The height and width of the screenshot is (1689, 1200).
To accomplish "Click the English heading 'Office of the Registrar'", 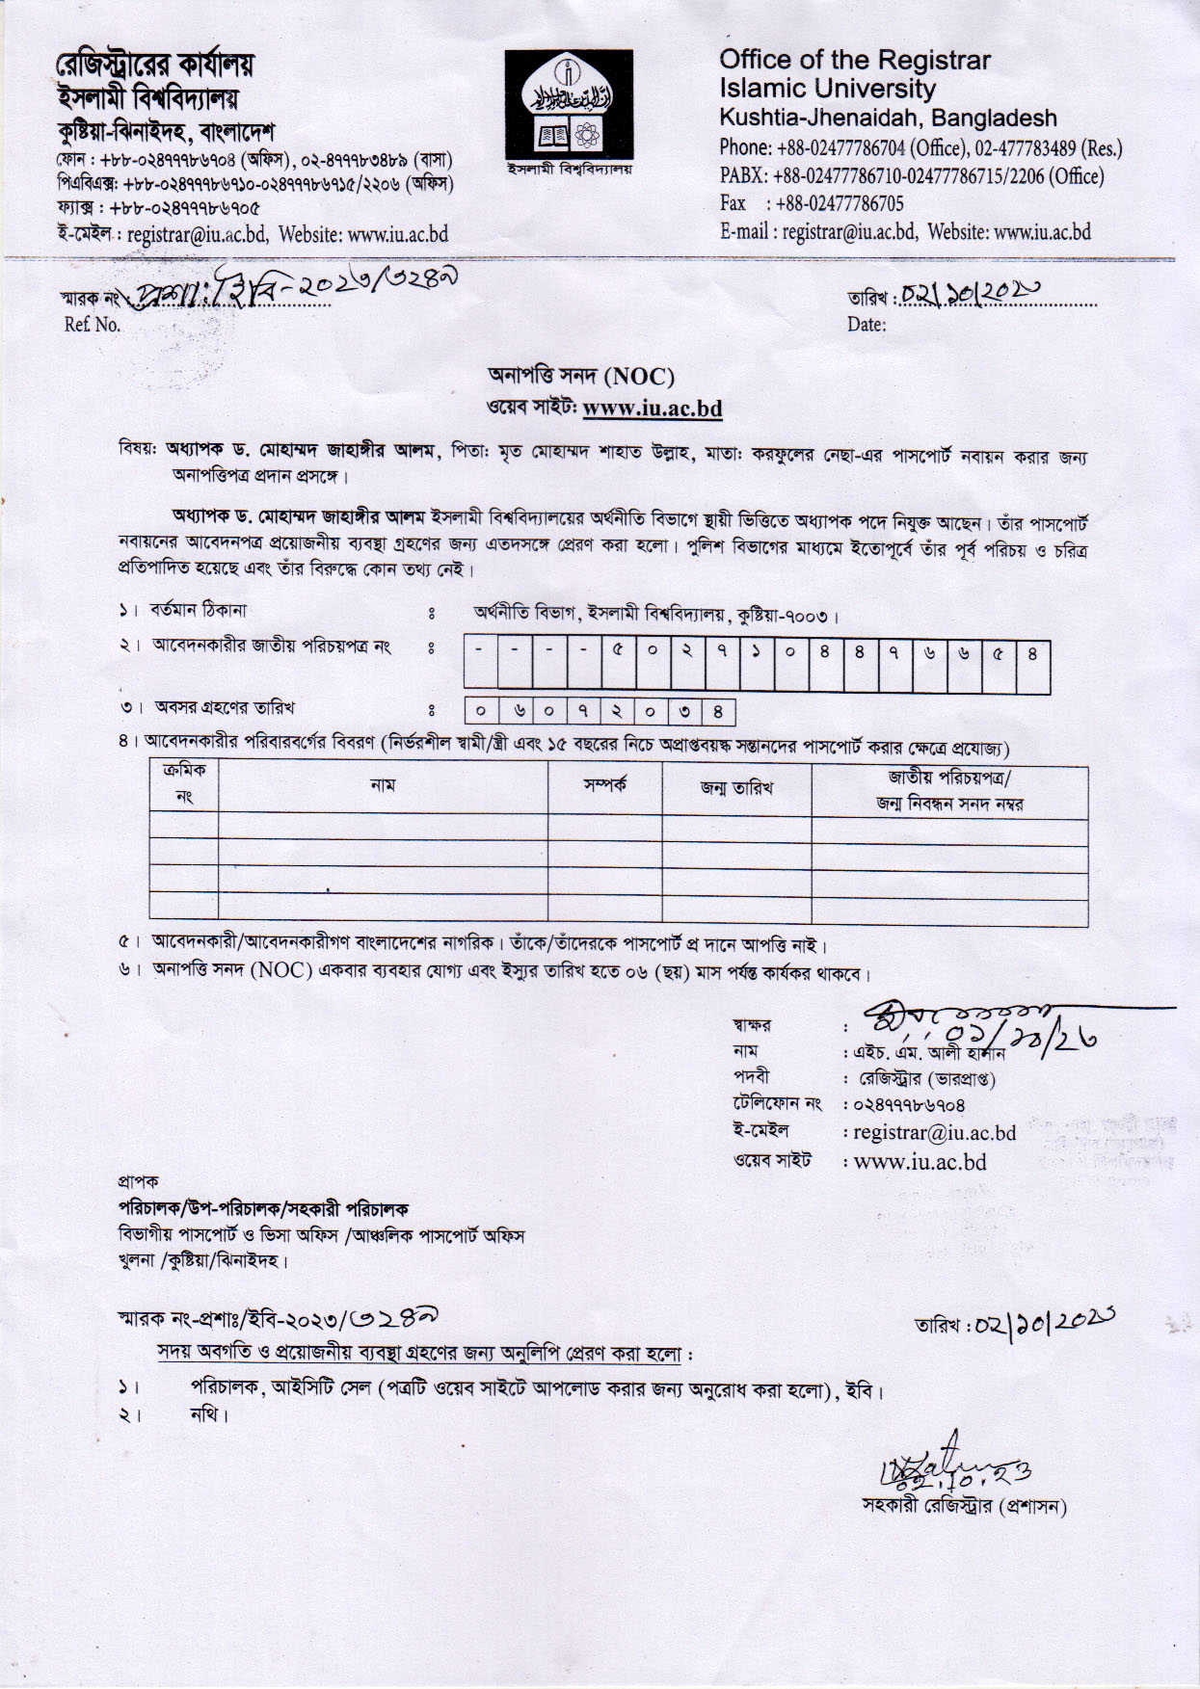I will [854, 60].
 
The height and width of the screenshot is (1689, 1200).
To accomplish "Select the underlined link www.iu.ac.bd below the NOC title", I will [653, 409].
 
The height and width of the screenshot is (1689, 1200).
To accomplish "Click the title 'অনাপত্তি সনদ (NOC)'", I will [581, 376].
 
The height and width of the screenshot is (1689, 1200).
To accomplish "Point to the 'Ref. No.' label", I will [93, 325].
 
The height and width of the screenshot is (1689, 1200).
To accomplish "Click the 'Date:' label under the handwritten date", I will [866, 325].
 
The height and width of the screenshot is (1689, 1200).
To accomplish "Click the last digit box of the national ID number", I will [1032, 652].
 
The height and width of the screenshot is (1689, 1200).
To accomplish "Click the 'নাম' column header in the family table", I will [383, 786].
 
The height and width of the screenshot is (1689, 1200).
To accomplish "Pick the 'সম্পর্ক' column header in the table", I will [604, 785].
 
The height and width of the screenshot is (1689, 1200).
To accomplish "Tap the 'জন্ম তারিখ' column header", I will [736, 788].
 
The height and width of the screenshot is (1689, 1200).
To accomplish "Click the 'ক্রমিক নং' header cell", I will [184, 784].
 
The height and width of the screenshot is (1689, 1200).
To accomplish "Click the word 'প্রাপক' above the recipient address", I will [138, 1181].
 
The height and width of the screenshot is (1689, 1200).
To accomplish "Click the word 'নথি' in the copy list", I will [206, 1415].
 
